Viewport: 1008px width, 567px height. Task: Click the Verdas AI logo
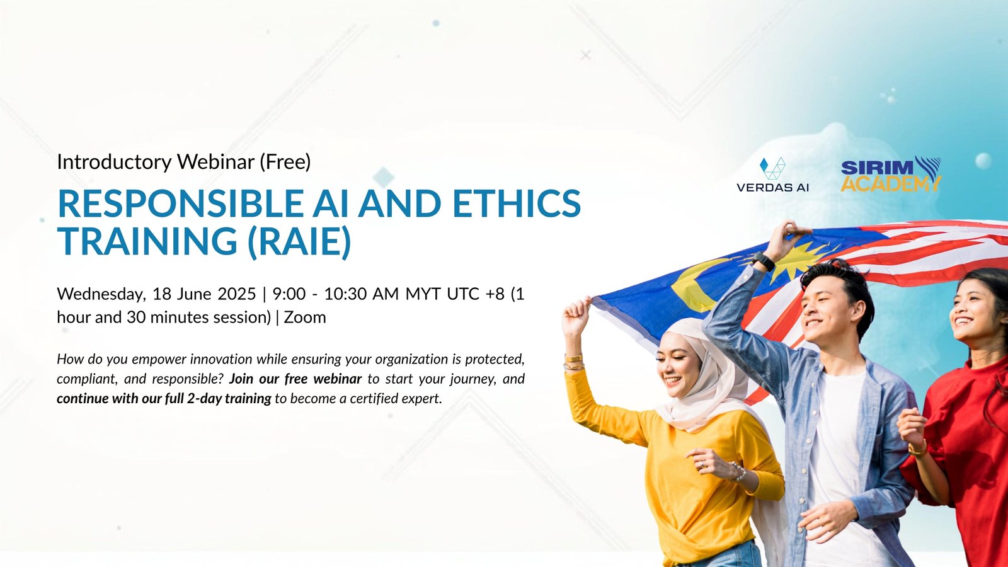coord(772,175)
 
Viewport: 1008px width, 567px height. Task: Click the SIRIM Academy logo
coord(891,174)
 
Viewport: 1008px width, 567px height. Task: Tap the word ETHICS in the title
coord(517,203)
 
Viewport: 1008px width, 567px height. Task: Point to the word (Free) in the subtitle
coord(285,162)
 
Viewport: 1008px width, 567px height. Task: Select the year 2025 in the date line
coord(237,294)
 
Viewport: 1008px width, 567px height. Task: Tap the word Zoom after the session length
coord(305,318)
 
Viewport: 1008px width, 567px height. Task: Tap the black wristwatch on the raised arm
coord(763,261)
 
